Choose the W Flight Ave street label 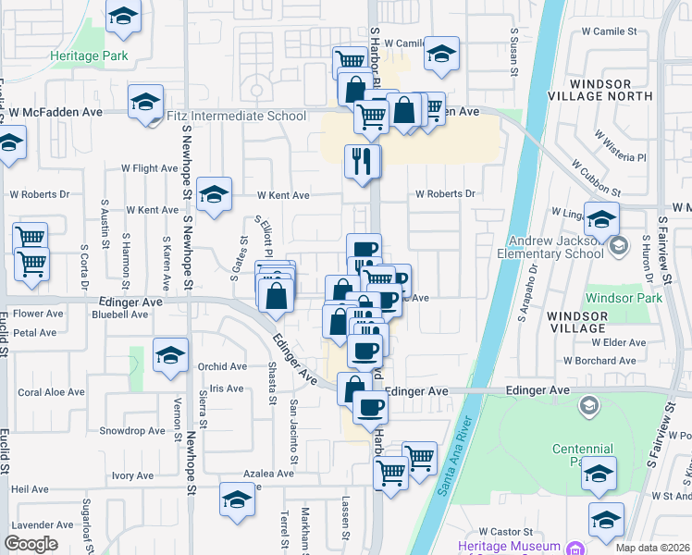click(x=149, y=168)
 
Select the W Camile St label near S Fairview click(x=607, y=31)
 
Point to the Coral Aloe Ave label click(x=51, y=392)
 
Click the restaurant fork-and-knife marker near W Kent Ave click(x=362, y=160)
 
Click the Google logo click(x=31, y=544)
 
